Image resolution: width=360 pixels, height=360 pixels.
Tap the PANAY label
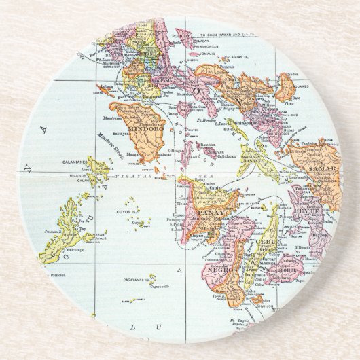[x=208, y=210]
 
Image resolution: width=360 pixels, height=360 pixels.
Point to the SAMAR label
[x=318, y=166]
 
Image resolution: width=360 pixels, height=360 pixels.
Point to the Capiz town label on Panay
[x=219, y=192]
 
